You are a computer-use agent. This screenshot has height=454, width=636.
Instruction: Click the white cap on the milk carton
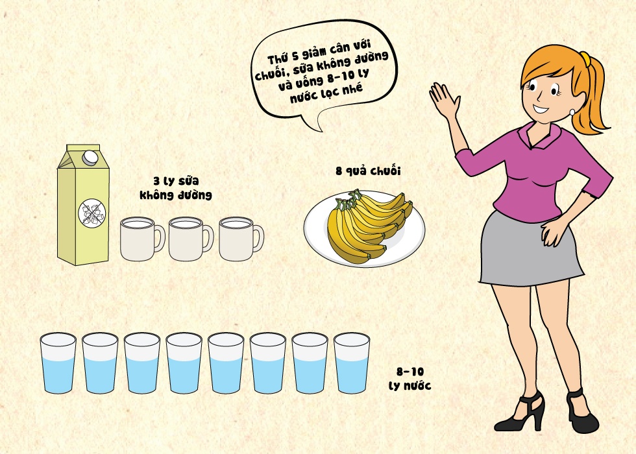90,157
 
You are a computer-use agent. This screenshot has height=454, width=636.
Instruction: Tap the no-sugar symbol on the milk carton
92,213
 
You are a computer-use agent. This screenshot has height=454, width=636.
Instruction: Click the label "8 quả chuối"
368,171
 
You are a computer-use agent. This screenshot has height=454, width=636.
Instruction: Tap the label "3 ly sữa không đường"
176,188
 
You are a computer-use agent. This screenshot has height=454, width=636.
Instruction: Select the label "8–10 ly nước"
410,379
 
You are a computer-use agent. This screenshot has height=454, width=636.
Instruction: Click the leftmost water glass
58,363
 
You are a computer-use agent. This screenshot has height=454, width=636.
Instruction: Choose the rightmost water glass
352,363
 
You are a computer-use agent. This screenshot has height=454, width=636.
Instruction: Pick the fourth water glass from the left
184,363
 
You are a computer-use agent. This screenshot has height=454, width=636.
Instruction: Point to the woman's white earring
572,112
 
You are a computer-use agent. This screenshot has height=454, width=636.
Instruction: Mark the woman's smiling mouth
541,108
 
